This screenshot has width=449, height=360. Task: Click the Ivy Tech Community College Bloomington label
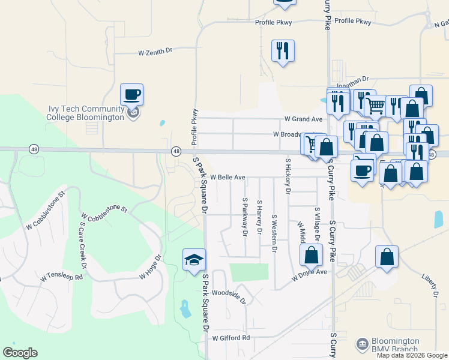85,113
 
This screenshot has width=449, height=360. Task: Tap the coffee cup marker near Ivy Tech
132,95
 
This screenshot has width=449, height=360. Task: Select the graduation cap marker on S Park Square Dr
194,260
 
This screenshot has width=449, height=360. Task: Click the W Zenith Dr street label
155,53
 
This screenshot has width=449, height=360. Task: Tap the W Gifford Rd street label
231,338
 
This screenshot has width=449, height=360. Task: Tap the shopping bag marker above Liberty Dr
387,256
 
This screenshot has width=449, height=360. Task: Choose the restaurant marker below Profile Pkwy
283,50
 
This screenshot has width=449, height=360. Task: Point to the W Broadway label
292,134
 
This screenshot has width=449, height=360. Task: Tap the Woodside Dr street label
229,295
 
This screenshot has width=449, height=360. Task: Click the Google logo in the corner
20,353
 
